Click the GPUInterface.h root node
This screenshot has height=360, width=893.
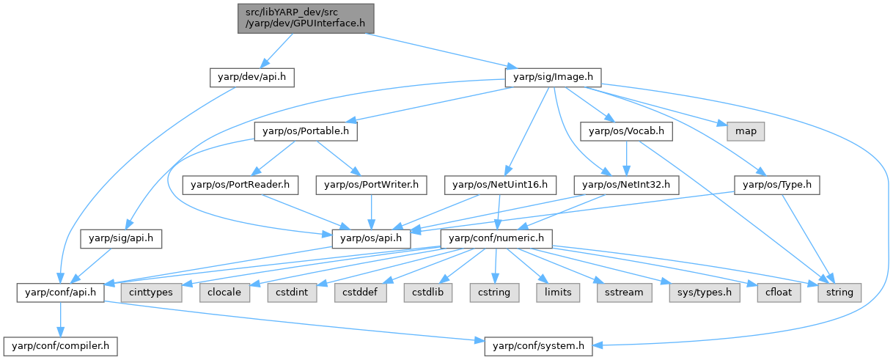[x=306, y=18]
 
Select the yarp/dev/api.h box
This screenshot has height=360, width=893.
[x=252, y=77]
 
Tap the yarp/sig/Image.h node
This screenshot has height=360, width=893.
[x=553, y=77]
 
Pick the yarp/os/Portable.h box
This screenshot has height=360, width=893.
[x=306, y=131]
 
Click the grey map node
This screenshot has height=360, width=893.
[x=746, y=131]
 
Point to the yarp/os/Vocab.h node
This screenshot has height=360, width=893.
[x=626, y=131]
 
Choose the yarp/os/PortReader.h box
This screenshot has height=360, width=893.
[x=240, y=185]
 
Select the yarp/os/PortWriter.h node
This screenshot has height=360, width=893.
[x=371, y=185]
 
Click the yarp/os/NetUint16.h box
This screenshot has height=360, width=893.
[x=500, y=185]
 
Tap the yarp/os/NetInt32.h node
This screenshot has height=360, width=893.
[x=626, y=185]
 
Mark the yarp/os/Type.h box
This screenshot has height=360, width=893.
[x=777, y=185]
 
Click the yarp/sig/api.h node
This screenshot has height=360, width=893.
[x=121, y=239]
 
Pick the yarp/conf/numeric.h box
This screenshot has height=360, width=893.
[x=496, y=239]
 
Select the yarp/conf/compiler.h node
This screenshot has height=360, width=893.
[x=61, y=347]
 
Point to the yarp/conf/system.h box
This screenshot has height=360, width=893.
[x=538, y=347]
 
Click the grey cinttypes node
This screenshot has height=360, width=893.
[x=151, y=293]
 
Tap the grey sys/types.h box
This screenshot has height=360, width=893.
[x=705, y=293]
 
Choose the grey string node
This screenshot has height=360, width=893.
[x=839, y=293]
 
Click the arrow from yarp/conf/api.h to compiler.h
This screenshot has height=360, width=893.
[x=61, y=320]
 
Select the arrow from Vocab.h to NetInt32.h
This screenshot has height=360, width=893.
[x=626, y=158]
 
